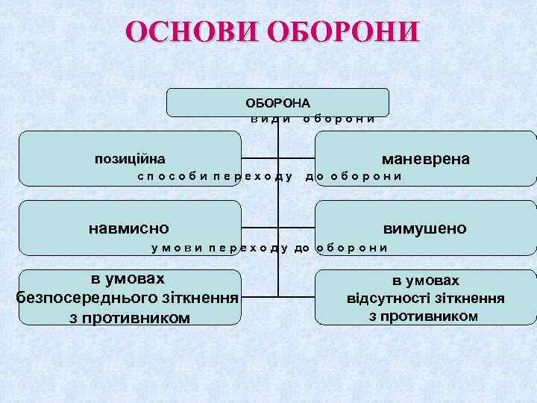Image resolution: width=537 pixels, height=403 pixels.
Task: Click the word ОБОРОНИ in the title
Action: point(342,32)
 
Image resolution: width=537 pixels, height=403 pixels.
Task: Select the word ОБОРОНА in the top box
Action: point(278,103)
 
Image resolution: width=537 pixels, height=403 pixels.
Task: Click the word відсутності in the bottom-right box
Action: point(388,299)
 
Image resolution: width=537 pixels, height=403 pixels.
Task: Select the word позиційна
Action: point(130,159)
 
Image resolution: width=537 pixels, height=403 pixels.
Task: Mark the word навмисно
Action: point(129,228)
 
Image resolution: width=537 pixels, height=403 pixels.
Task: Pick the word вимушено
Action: point(424,228)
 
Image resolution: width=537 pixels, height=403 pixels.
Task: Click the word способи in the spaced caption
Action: point(171,176)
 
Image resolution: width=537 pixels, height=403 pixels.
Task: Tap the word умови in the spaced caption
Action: point(176,247)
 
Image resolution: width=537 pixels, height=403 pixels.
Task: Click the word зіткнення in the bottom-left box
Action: point(202,299)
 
